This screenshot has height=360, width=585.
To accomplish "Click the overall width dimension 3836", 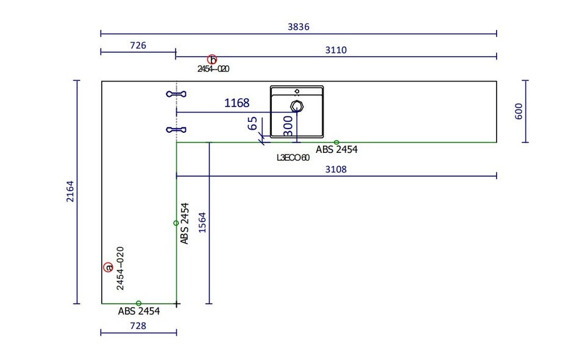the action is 299,27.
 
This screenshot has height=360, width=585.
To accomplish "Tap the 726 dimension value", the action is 138,46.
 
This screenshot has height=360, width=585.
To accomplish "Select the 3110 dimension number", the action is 336,50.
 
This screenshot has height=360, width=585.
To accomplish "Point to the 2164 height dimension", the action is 70,191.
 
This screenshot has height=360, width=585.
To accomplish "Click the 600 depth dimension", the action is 519,111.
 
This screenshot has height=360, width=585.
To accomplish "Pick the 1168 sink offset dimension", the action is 236,103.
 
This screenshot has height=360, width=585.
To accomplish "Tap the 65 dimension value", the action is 252,123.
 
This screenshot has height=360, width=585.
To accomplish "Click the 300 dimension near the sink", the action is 288,126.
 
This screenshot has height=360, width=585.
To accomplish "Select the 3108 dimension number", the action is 336,169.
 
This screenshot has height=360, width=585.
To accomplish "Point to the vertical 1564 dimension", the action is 202,223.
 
